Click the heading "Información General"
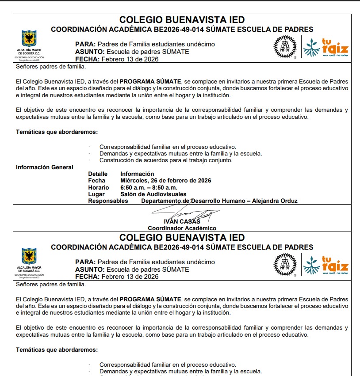(x=45, y=167)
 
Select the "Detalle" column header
(x=98, y=174)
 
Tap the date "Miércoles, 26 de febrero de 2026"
(x=165, y=180)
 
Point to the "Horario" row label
(x=99, y=187)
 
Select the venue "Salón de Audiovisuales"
(x=153, y=194)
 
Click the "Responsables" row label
(x=108, y=201)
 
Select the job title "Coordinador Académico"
(x=182, y=228)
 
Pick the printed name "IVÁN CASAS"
(x=182, y=221)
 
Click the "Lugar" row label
(x=96, y=194)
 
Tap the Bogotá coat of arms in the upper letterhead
(x=29, y=39)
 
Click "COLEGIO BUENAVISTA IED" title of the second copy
(x=182, y=238)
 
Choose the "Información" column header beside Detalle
(x=137, y=174)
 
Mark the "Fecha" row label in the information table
(x=96, y=180)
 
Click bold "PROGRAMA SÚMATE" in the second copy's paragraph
(x=150, y=299)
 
